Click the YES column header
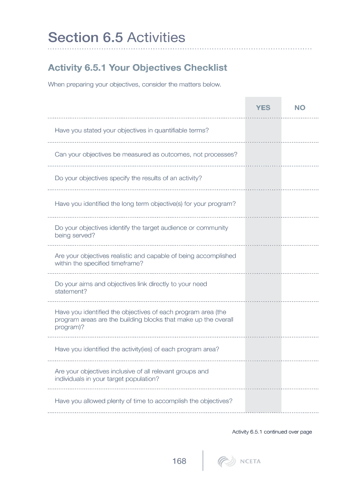tap(263, 108)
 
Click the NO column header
tap(300, 108)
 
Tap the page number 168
tap(179, 461)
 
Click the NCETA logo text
tap(250, 462)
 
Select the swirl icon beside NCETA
tap(226, 462)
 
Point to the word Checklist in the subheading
tap(205, 68)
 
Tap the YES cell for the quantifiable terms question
tap(263, 131)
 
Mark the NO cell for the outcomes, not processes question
tap(300, 154)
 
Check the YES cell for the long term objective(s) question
tap(263, 203)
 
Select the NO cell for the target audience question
tap(300, 232)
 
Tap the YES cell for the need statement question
tap(263, 288)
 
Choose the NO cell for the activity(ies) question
tap(300, 349)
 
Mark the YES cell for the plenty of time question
tap(263, 401)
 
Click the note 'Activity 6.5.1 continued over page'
tap(272, 432)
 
